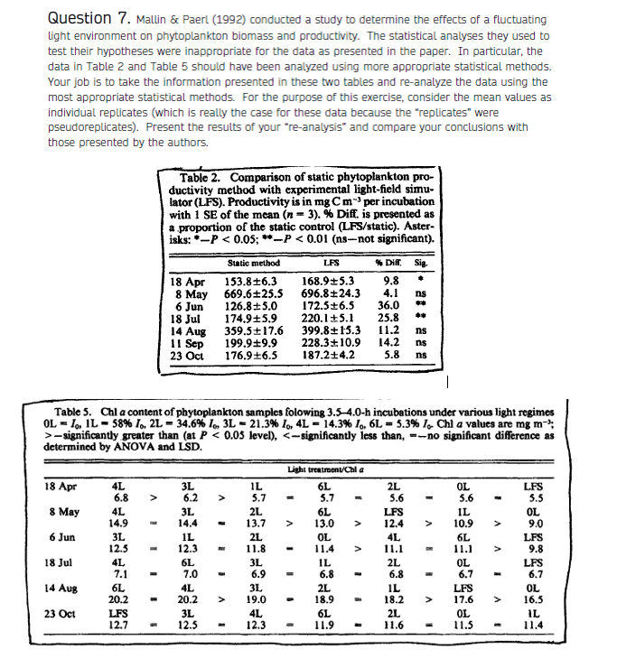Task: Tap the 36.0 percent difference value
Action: tap(389, 307)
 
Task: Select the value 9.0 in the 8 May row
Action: tap(560, 524)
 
